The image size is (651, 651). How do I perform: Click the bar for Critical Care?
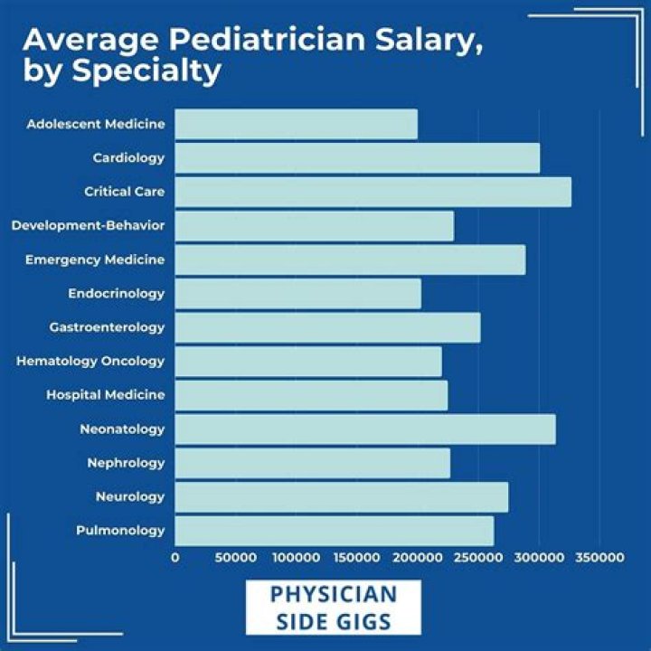coord(373,192)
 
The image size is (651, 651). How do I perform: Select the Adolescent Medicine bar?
coord(296,124)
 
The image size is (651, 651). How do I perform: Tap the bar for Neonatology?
coord(364,429)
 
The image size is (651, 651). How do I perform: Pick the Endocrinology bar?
coord(297,293)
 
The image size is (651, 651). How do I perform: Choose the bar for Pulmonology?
coord(334,531)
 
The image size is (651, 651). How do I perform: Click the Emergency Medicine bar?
coord(349,259)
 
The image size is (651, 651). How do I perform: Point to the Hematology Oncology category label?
coord(90,361)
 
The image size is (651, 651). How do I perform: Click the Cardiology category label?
coord(128,158)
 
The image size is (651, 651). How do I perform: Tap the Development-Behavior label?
coord(88,225)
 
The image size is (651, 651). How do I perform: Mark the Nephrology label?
coord(126,463)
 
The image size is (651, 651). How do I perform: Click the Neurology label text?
coord(130,496)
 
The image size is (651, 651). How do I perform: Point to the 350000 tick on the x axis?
coord(599,559)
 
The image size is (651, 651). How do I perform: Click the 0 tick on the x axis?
coord(175,559)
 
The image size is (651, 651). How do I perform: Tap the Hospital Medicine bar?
coord(311,395)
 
